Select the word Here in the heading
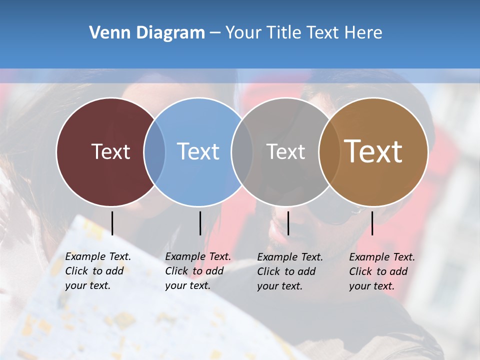tap(363, 33)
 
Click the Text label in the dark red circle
tap(110, 151)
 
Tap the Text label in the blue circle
tap(198, 151)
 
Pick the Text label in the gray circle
tap(285, 151)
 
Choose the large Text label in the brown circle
tap(373, 151)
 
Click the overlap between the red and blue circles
tap(154, 152)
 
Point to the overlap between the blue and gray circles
tap(242, 152)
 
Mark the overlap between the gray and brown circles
tap(329, 152)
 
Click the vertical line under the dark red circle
tap(112, 223)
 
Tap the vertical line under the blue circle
tap(200, 223)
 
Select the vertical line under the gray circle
tap(288, 223)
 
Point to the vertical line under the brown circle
tap(372, 223)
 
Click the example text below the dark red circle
tap(98, 271)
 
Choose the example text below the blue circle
tap(198, 271)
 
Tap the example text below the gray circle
tap(290, 271)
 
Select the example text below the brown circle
tap(382, 271)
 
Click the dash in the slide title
tap(215, 33)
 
